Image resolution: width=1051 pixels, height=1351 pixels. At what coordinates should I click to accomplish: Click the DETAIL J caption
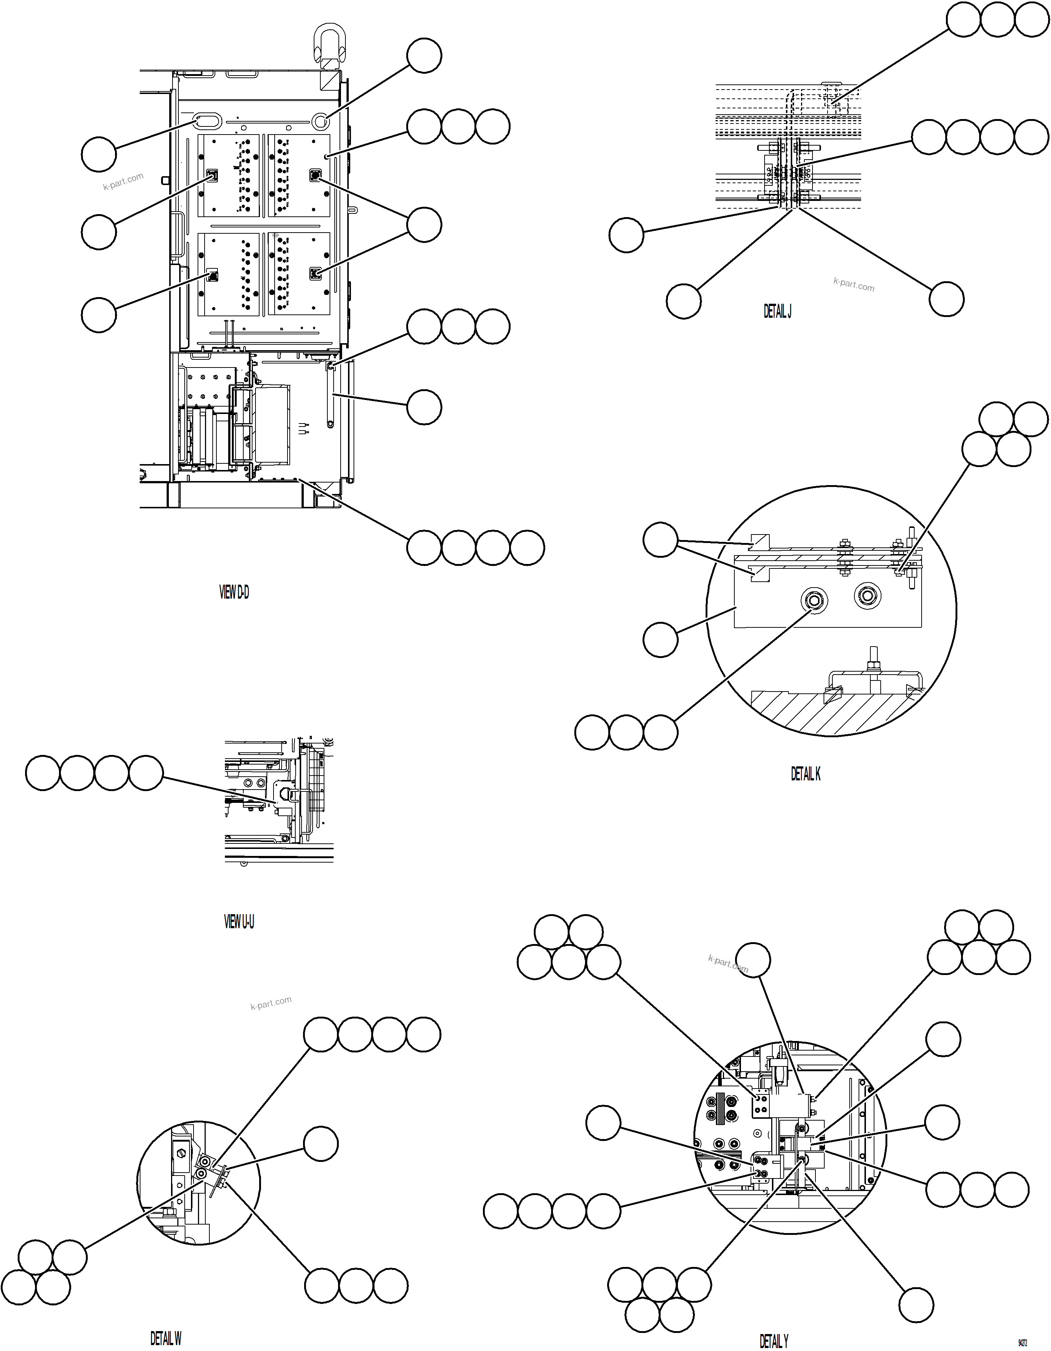[x=777, y=311]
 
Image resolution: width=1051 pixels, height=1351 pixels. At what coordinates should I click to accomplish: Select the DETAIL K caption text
[x=805, y=774]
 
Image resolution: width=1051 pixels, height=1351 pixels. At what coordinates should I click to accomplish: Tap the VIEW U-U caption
[x=239, y=922]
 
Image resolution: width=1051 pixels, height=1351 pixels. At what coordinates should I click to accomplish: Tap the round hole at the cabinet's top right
[x=320, y=121]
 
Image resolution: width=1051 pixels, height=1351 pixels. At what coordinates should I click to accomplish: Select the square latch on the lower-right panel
[x=316, y=274]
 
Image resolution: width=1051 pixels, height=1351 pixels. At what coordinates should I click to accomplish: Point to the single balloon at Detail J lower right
[x=946, y=299]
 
